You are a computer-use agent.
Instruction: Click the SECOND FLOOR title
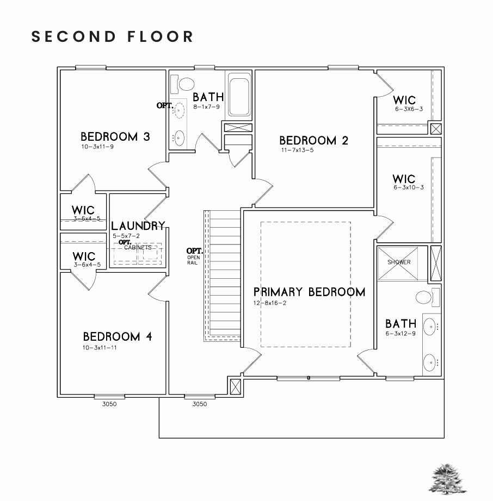click(x=113, y=37)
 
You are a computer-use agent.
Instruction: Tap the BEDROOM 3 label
click(x=115, y=136)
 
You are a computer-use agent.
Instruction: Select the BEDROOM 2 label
click(x=313, y=140)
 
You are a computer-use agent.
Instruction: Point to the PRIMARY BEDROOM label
click(x=309, y=292)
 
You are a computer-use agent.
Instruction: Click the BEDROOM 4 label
click(x=118, y=336)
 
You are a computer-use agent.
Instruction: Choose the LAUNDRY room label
click(x=138, y=226)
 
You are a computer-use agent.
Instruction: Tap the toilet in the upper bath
click(x=185, y=84)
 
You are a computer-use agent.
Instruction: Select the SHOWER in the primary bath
click(x=399, y=263)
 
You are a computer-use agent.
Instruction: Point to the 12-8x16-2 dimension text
click(x=270, y=303)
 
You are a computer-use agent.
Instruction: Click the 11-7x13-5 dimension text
click(x=298, y=150)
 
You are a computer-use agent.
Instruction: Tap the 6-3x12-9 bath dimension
click(x=400, y=334)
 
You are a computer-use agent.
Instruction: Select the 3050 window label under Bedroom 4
click(x=109, y=404)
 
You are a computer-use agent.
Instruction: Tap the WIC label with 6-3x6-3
click(x=404, y=100)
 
